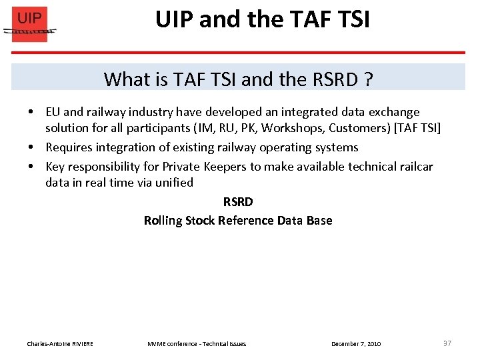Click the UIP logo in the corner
coord(30,25)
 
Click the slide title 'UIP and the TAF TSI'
coord(262,20)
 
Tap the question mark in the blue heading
coord(368,79)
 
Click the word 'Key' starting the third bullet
coord(55,167)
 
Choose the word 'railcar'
coord(411,167)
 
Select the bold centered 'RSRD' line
coord(238,201)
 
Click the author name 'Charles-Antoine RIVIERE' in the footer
coord(60,344)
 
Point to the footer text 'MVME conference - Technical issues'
coord(197,344)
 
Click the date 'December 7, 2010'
coord(356,344)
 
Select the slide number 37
coord(447,343)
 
